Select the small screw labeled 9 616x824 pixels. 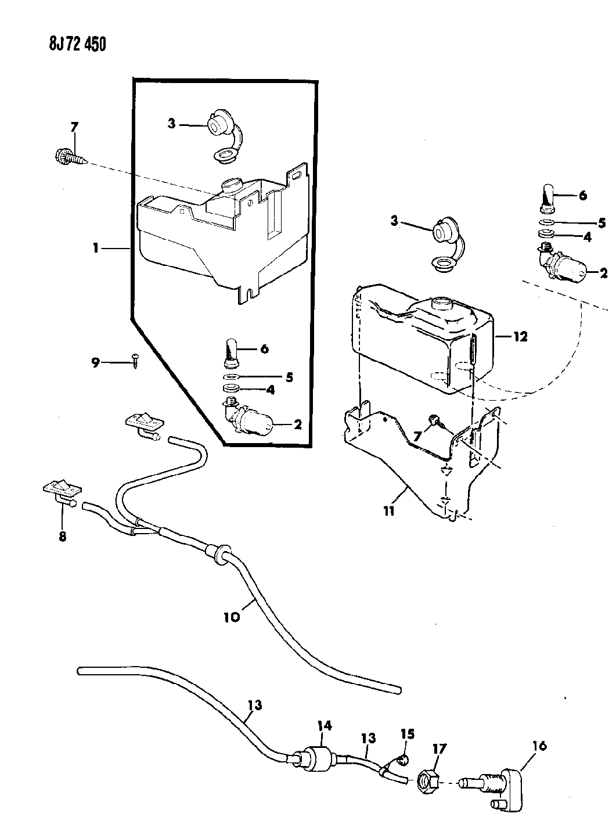point(135,362)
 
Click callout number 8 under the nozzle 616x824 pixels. point(62,537)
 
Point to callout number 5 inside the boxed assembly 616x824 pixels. point(288,377)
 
